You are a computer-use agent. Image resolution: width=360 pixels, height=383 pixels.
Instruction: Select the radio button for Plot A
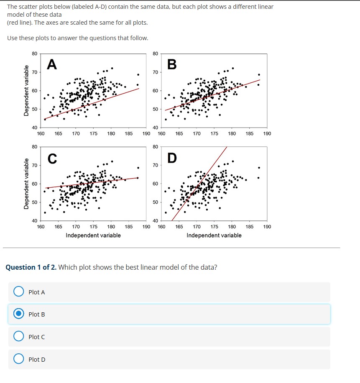(x=18, y=291)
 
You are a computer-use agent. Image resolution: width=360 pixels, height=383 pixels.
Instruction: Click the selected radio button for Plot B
(x=18, y=314)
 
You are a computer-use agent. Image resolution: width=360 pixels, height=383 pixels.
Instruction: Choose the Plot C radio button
(x=18, y=337)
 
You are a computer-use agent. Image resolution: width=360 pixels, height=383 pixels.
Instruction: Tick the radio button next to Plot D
(x=18, y=359)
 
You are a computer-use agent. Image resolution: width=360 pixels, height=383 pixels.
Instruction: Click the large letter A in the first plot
(x=51, y=64)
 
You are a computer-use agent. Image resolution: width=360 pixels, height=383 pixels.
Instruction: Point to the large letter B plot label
(x=172, y=65)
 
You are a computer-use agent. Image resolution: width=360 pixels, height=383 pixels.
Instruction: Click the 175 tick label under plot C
(x=94, y=227)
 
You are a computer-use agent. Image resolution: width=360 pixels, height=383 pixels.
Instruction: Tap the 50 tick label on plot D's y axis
(x=155, y=202)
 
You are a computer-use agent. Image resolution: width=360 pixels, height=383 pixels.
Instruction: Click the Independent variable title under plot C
(x=93, y=235)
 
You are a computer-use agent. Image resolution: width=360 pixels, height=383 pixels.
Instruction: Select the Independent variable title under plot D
(x=214, y=235)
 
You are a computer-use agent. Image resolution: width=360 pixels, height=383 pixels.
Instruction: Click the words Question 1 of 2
(x=31, y=267)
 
